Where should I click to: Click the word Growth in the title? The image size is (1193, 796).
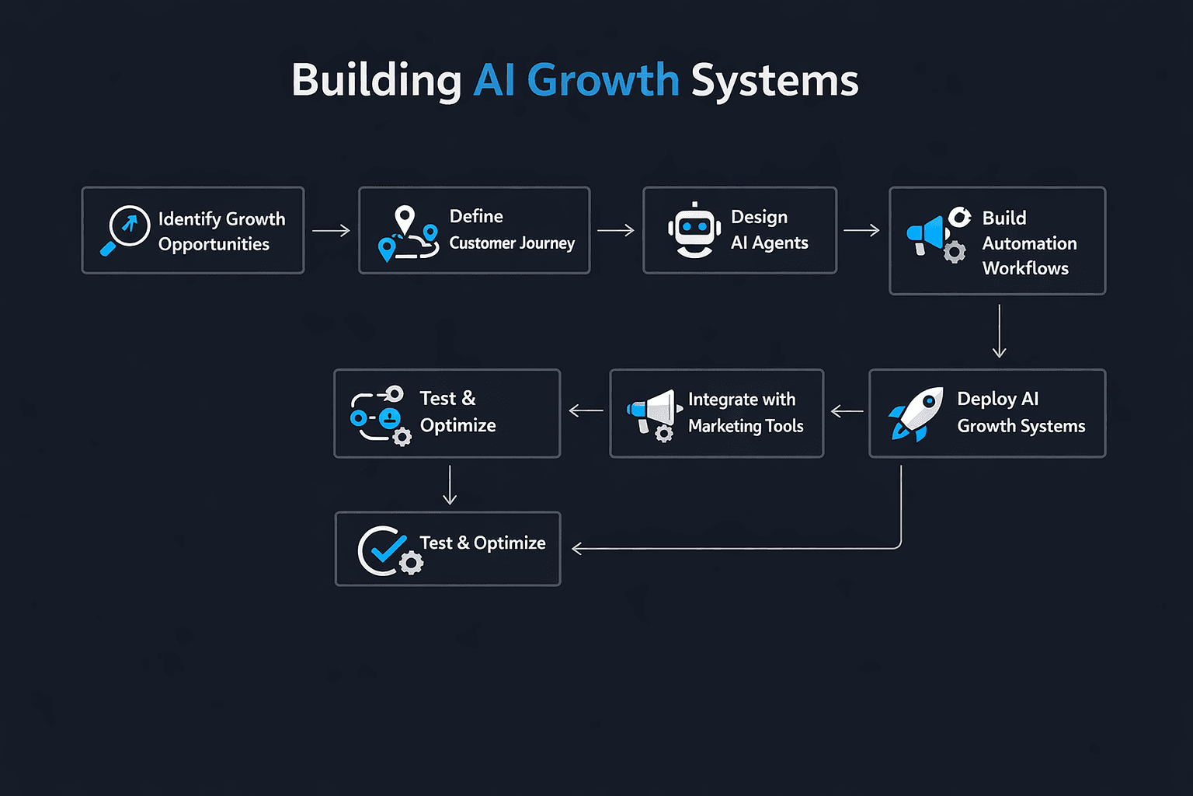pyautogui.click(x=603, y=80)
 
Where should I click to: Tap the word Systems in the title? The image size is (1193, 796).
pyautogui.click(x=774, y=80)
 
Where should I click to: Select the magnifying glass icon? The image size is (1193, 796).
pyautogui.click(x=125, y=229)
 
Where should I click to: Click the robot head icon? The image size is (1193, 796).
pyautogui.click(x=694, y=230)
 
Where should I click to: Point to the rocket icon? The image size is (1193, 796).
pyautogui.click(x=916, y=413)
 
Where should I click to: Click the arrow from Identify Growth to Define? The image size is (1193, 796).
pyautogui.click(x=331, y=230)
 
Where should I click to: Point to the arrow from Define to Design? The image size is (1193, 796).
pyautogui.click(x=616, y=230)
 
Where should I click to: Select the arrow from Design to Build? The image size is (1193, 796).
pyautogui.click(x=861, y=230)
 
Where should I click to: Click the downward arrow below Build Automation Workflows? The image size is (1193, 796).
pyautogui.click(x=1000, y=331)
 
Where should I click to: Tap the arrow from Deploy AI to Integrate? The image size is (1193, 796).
pyautogui.click(x=847, y=411)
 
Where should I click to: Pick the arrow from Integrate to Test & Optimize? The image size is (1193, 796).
pyautogui.click(x=586, y=410)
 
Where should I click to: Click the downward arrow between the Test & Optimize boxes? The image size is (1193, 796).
pyautogui.click(x=450, y=485)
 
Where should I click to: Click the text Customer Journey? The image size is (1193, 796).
pyautogui.click(x=512, y=243)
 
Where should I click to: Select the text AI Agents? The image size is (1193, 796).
pyautogui.click(x=769, y=243)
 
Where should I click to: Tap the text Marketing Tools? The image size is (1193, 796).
pyautogui.click(x=746, y=426)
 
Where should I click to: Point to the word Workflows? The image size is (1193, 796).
pyautogui.click(x=1025, y=268)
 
